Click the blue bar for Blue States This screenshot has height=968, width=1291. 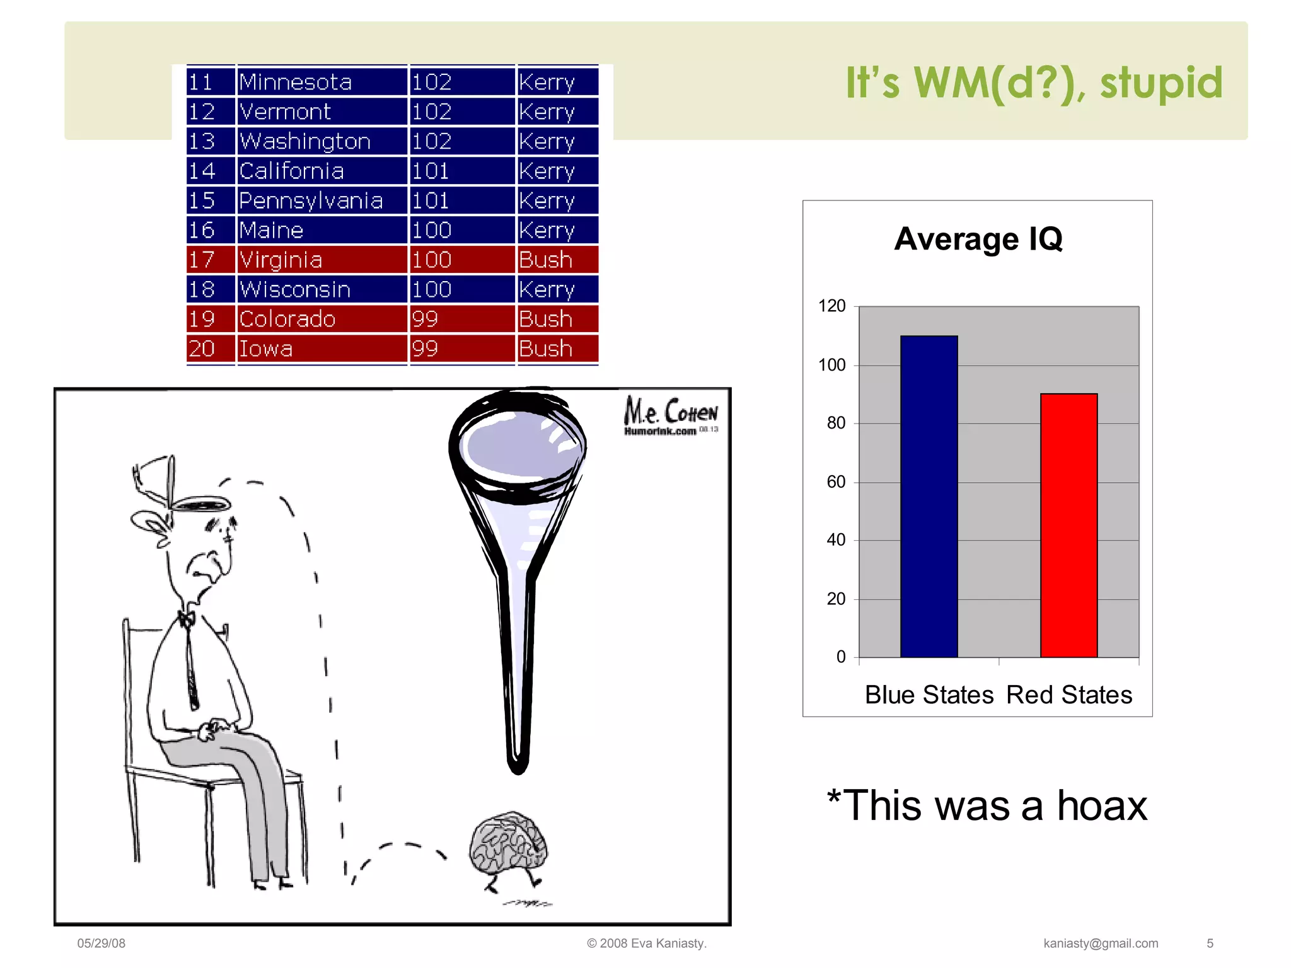pos(929,498)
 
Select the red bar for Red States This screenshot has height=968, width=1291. pos(1068,526)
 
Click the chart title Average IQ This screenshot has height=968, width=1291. pos(978,239)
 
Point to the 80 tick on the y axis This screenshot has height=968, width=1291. pos(836,423)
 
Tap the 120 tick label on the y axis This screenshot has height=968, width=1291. pos(831,306)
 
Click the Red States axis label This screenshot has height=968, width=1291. pos(1069,694)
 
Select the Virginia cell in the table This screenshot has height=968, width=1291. pos(281,260)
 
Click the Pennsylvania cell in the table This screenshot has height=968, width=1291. pos(311,200)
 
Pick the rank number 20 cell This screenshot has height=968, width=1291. pos(202,349)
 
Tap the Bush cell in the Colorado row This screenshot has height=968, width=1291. pos(546,319)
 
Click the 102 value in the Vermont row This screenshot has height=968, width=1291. pos(432,112)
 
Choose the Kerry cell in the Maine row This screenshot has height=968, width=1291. pos(547,230)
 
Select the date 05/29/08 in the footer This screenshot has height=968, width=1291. pos(101,943)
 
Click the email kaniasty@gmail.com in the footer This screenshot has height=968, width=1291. pos(1101,943)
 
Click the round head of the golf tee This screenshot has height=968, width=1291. pos(517,444)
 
